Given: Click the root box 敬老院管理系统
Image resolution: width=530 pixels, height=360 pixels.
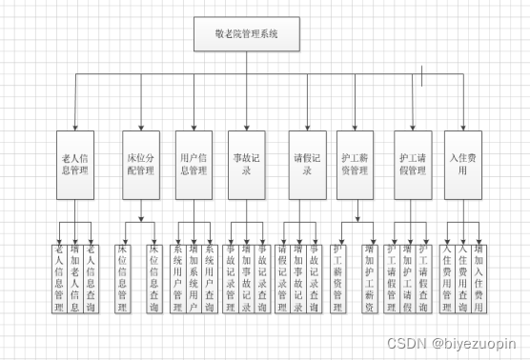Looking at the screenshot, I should coord(247,36).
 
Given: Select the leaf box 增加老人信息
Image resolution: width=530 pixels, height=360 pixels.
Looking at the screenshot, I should coord(75,278).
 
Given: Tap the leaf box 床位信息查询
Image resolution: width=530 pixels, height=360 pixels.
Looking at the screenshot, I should coord(153,278).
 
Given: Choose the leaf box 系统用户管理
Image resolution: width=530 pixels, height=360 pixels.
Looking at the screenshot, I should coord(177,278).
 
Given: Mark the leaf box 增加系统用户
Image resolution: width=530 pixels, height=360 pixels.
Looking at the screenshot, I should coord(194,278).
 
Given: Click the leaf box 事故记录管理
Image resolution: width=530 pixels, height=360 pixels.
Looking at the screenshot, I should coord(232,278).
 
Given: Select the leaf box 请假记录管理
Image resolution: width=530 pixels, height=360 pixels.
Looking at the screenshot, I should coord(283,278).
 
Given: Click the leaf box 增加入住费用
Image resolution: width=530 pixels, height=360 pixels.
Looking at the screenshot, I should coord(479,278).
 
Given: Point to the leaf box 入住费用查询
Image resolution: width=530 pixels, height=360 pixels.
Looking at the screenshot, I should coord(463,278).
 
